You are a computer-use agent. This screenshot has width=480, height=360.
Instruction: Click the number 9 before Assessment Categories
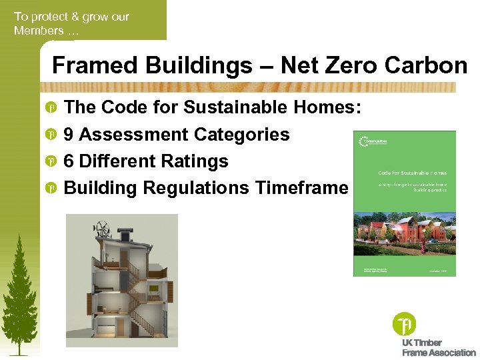coord(69,135)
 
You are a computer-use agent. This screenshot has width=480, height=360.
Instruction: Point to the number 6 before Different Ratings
coord(69,161)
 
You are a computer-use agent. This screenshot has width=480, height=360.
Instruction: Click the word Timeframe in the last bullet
coord(301,188)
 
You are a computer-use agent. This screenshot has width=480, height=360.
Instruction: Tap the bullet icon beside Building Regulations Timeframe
coord(50,189)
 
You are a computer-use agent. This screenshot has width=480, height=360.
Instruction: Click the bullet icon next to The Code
coord(50,108)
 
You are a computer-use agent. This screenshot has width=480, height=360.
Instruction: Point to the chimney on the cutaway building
coord(125,234)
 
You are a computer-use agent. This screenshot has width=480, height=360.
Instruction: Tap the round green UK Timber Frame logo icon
coord(404,324)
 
